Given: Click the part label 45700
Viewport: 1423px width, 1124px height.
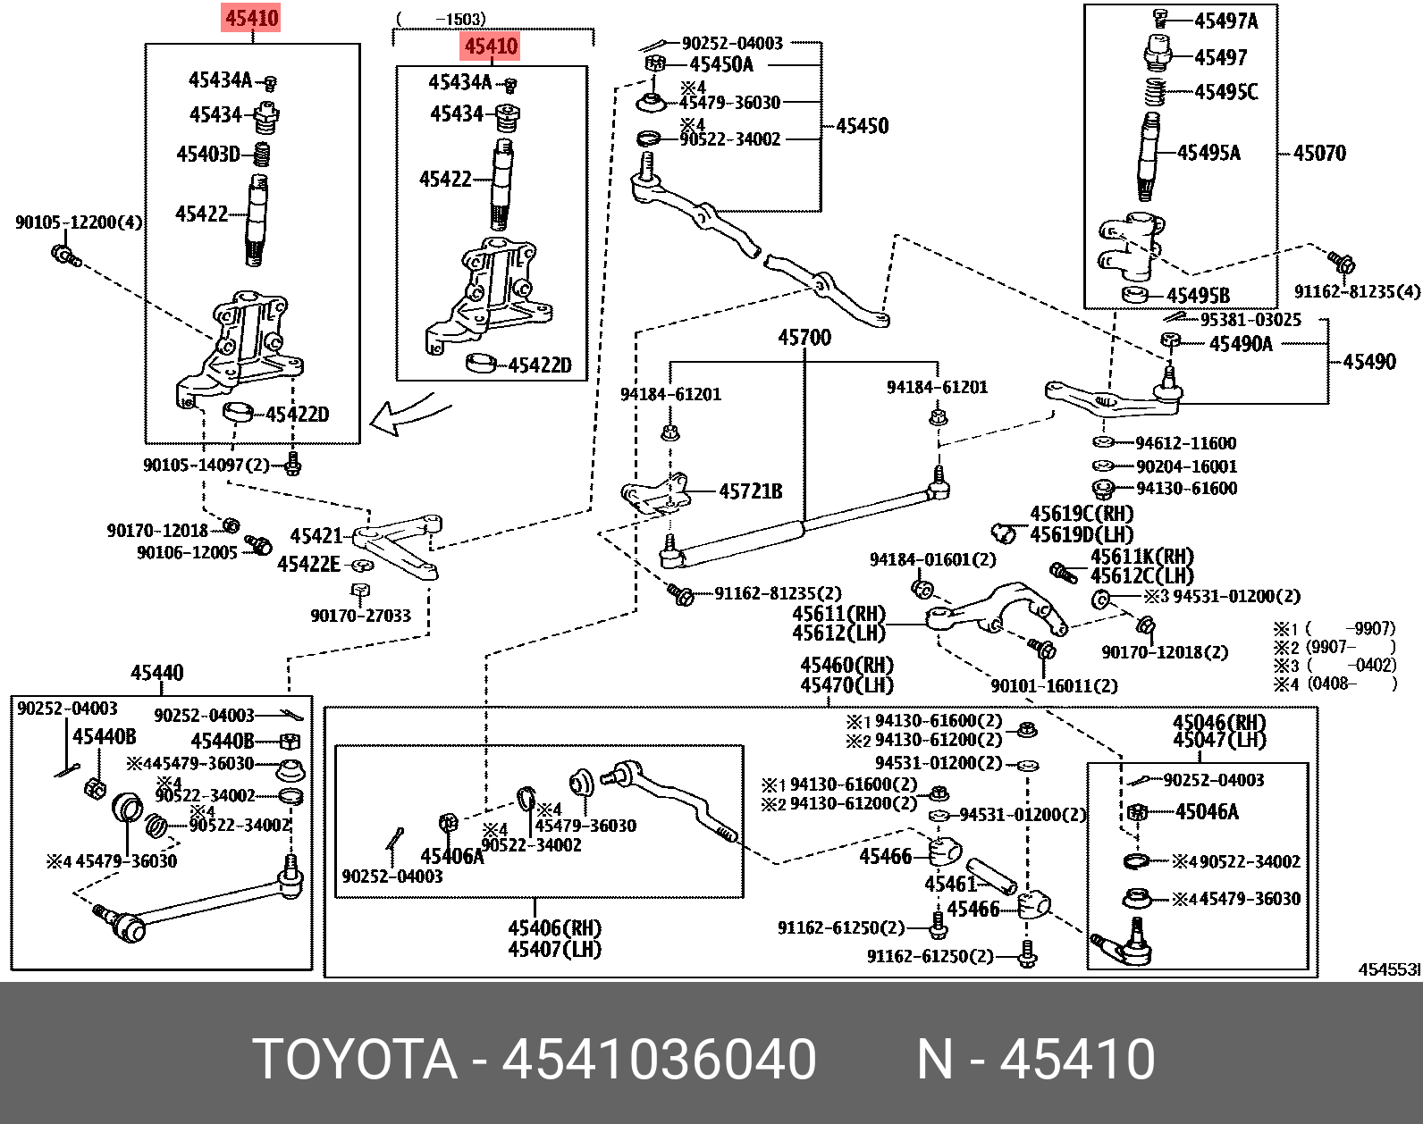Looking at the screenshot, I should pyautogui.click(x=804, y=338).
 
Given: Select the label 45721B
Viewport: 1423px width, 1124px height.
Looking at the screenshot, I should pyautogui.click(x=750, y=491).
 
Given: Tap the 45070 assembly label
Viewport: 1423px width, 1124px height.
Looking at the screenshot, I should pyautogui.click(x=1319, y=153).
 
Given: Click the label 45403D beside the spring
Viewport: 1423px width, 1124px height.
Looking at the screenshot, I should pyautogui.click(x=208, y=155).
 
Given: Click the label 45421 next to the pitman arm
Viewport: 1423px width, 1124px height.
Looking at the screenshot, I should pyautogui.click(x=316, y=536).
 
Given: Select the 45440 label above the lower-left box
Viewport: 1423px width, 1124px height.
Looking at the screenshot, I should pyautogui.click(x=156, y=673).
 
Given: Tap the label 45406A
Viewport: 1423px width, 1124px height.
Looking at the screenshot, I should pyautogui.click(x=452, y=856).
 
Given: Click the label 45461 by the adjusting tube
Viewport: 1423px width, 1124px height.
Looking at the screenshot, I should pyautogui.click(x=950, y=885).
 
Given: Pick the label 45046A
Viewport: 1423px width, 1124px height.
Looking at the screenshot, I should pyautogui.click(x=1208, y=812).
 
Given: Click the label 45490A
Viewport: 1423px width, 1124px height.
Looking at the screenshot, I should pyautogui.click(x=1241, y=344).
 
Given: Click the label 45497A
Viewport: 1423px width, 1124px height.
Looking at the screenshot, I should pyautogui.click(x=1226, y=21).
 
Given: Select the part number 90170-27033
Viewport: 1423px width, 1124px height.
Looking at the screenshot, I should pyautogui.click(x=360, y=616).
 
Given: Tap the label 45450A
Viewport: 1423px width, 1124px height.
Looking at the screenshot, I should pyautogui.click(x=721, y=64).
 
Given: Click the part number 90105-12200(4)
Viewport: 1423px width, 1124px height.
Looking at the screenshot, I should pyautogui.click(x=79, y=222).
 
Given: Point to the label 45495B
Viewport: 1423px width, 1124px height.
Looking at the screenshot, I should pyautogui.click(x=1198, y=296).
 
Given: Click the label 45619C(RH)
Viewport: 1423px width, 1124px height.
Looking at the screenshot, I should pyautogui.click(x=1082, y=515).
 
